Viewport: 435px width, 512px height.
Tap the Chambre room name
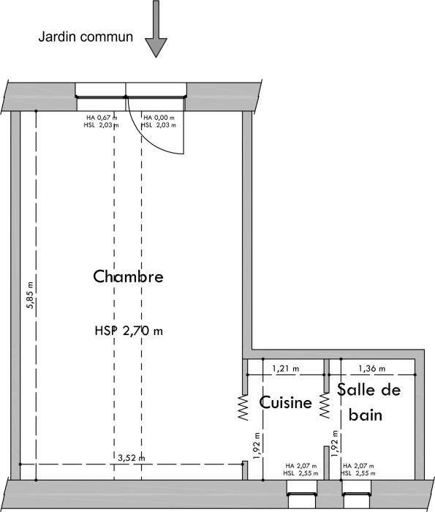pyautogui.click(x=128, y=276)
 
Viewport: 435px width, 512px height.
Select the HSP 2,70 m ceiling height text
pyautogui.click(x=128, y=331)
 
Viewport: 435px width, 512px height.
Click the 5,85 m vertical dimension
pyautogui.click(x=30, y=294)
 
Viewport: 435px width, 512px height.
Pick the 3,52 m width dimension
pyautogui.click(x=131, y=459)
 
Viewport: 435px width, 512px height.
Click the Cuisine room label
pyautogui.click(x=286, y=403)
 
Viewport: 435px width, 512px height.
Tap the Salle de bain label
pyautogui.click(x=369, y=402)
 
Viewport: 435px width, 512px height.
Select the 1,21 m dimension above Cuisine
pyautogui.click(x=285, y=369)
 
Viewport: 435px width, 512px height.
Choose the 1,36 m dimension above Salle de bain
pyautogui.click(x=371, y=369)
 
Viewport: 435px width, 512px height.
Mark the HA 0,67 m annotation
pyautogui.click(x=102, y=117)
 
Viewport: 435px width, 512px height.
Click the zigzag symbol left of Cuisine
pyautogui.click(x=242, y=409)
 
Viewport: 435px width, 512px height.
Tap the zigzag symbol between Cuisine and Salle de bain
pyautogui.click(x=325, y=409)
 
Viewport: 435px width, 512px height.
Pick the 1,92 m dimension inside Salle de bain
pyautogui.click(x=335, y=445)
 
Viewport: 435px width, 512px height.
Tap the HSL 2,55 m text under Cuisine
pyautogui.click(x=301, y=473)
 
